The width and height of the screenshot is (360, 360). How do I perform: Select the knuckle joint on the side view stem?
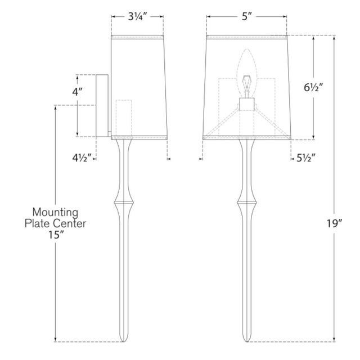tap(123, 200)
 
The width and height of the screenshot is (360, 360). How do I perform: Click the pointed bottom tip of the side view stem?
tap(123, 339)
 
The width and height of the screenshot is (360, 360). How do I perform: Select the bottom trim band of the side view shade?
tap(140, 137)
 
